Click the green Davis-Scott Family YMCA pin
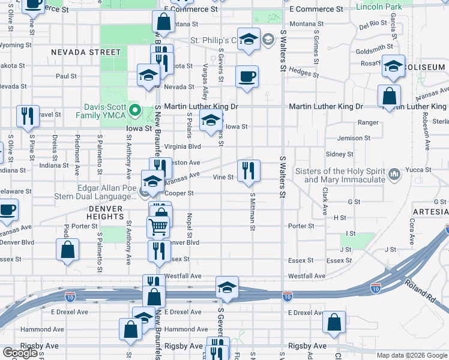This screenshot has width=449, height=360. (136, 110)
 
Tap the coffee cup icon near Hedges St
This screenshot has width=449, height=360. (247, 77)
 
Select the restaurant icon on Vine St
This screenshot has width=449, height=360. (248, 171)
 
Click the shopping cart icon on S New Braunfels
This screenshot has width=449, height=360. (158, 227)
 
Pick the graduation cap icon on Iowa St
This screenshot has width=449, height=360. (211, 121)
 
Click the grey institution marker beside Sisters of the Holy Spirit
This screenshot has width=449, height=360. (394, 175)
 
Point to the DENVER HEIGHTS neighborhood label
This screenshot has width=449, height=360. (105, 209)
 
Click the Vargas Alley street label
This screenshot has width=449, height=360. (206, 81)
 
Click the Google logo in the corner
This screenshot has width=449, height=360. (20, 353)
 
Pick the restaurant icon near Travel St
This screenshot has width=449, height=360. (26, 116)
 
